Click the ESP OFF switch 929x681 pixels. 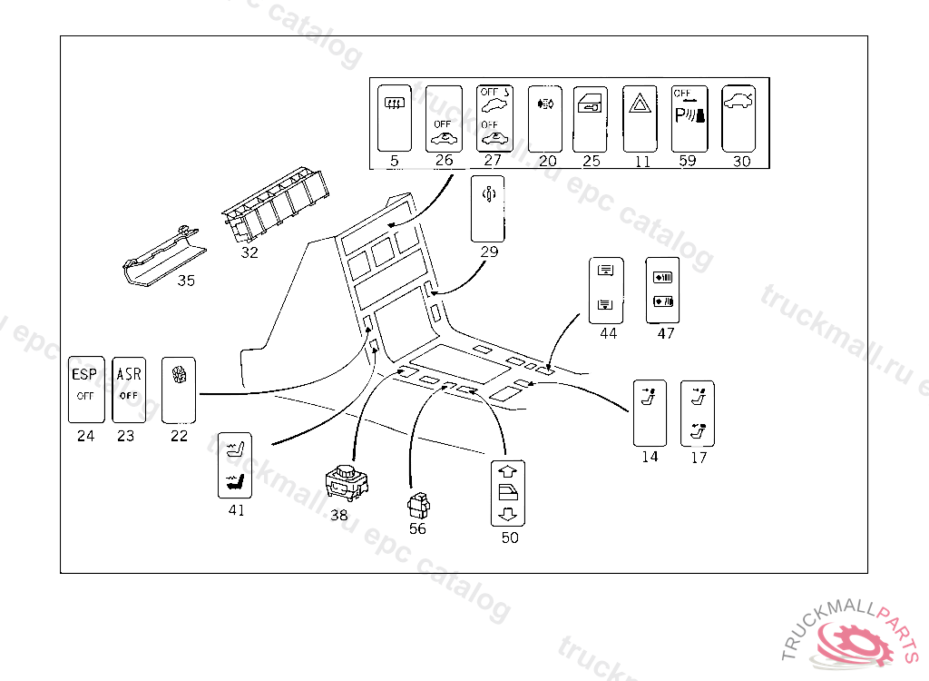(x=85, y=389)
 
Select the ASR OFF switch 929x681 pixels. (x=128, y=389)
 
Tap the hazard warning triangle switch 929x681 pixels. (x=641, y=118)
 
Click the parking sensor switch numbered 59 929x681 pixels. (x=689, y=118)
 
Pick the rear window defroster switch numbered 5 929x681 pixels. (x=394, y=118)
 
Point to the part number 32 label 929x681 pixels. (x=249, y=252)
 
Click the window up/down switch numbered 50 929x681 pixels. (x=509, y=493)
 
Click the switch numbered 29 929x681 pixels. (x=488, y=209)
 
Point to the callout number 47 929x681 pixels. (x=666, y=333)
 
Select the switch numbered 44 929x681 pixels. (x=606, y=291)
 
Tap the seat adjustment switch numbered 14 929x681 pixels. (x=649, y=412)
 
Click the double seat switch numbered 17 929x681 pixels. (x=698, y=412)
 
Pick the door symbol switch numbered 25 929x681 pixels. (x=590, y=118)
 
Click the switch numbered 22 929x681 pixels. (x=179, y=389)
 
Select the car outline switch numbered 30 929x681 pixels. (x=738, y=118)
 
